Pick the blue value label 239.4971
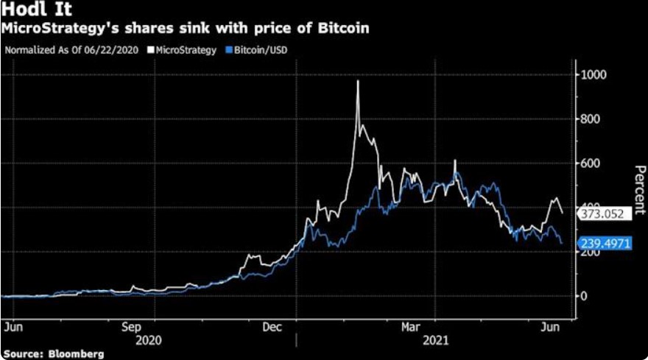coord(605,243)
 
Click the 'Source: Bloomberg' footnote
coord(53,353)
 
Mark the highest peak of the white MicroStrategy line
coord(358,81)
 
